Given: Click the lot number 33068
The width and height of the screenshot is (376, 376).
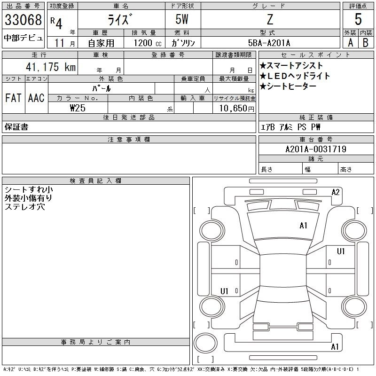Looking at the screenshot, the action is click(23, 20).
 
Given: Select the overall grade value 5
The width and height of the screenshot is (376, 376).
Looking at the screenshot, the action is click(358, 19).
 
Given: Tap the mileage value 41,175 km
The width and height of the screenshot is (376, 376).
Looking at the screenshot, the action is click(51, 67).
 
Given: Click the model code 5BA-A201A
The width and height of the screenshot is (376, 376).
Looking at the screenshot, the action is click(269, 43).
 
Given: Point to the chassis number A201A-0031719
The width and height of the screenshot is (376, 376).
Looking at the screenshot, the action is click(316, 149).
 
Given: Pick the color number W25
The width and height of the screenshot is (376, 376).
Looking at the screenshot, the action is click(78, 108).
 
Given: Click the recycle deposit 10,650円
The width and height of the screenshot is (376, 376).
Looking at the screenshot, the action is click(236, 109).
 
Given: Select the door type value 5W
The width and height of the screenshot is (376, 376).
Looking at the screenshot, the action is click(182, 19).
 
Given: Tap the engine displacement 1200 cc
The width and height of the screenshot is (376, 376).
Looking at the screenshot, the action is click(147, 43).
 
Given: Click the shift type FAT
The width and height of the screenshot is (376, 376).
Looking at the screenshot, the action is click(14, 98).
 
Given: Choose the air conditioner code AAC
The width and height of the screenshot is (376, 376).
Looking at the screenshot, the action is click(36, 98).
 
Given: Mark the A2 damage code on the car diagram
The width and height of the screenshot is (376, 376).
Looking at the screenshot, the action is click(335, 192).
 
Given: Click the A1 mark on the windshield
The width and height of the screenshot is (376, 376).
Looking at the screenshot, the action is click(303, 226).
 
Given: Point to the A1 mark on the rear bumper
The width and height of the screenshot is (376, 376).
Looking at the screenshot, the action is click(335, 347).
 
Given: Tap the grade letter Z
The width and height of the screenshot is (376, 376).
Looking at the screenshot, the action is click(270, 19).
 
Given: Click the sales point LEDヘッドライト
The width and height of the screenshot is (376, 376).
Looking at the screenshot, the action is click(295, 76).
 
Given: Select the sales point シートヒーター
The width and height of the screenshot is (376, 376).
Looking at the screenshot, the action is click(288, 86).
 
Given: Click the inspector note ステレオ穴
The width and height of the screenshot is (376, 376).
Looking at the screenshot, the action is click(25, 207).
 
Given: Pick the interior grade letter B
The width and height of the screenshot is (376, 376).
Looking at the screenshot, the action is click(366, 43).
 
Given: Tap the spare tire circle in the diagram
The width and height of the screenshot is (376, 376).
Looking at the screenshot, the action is click(205, 343).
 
